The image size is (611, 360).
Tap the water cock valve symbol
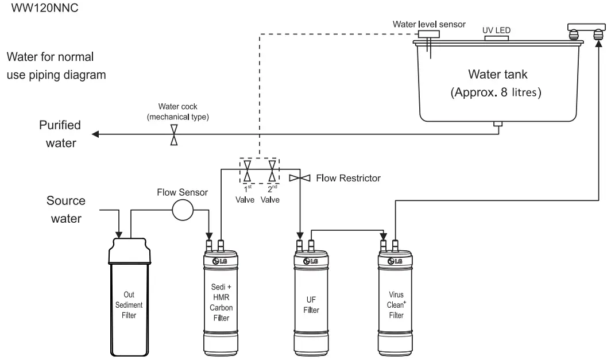(173, 136)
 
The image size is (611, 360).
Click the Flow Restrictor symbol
(299, 178)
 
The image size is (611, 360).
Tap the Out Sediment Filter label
(129, 305)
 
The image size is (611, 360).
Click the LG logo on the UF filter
(311, 261)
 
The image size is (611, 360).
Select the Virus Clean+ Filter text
(395, 305)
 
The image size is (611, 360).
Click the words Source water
(66, 209)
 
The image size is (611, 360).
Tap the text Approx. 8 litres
(496, 92)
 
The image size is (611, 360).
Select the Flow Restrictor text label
(348, 178)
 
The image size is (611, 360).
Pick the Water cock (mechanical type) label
(177, 111)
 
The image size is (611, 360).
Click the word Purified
(60, 125)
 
